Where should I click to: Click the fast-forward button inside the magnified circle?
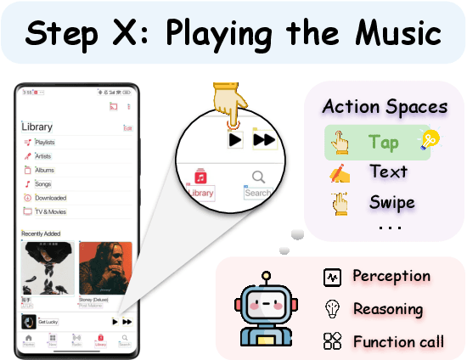coord(264,139)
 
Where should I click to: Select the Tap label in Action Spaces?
coord(384,143)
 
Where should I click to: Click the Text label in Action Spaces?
coord(388,172)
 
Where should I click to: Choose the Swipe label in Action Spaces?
coord(391,202)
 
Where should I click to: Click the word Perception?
coord(391,276)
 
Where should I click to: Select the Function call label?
coord(398,341)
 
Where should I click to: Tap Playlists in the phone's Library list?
coord(46,142)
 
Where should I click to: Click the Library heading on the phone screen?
coord(37,127)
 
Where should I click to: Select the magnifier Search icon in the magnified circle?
coord(259,177)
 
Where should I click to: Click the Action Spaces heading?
coord(385,107)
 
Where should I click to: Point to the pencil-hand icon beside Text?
coord(339,173)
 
